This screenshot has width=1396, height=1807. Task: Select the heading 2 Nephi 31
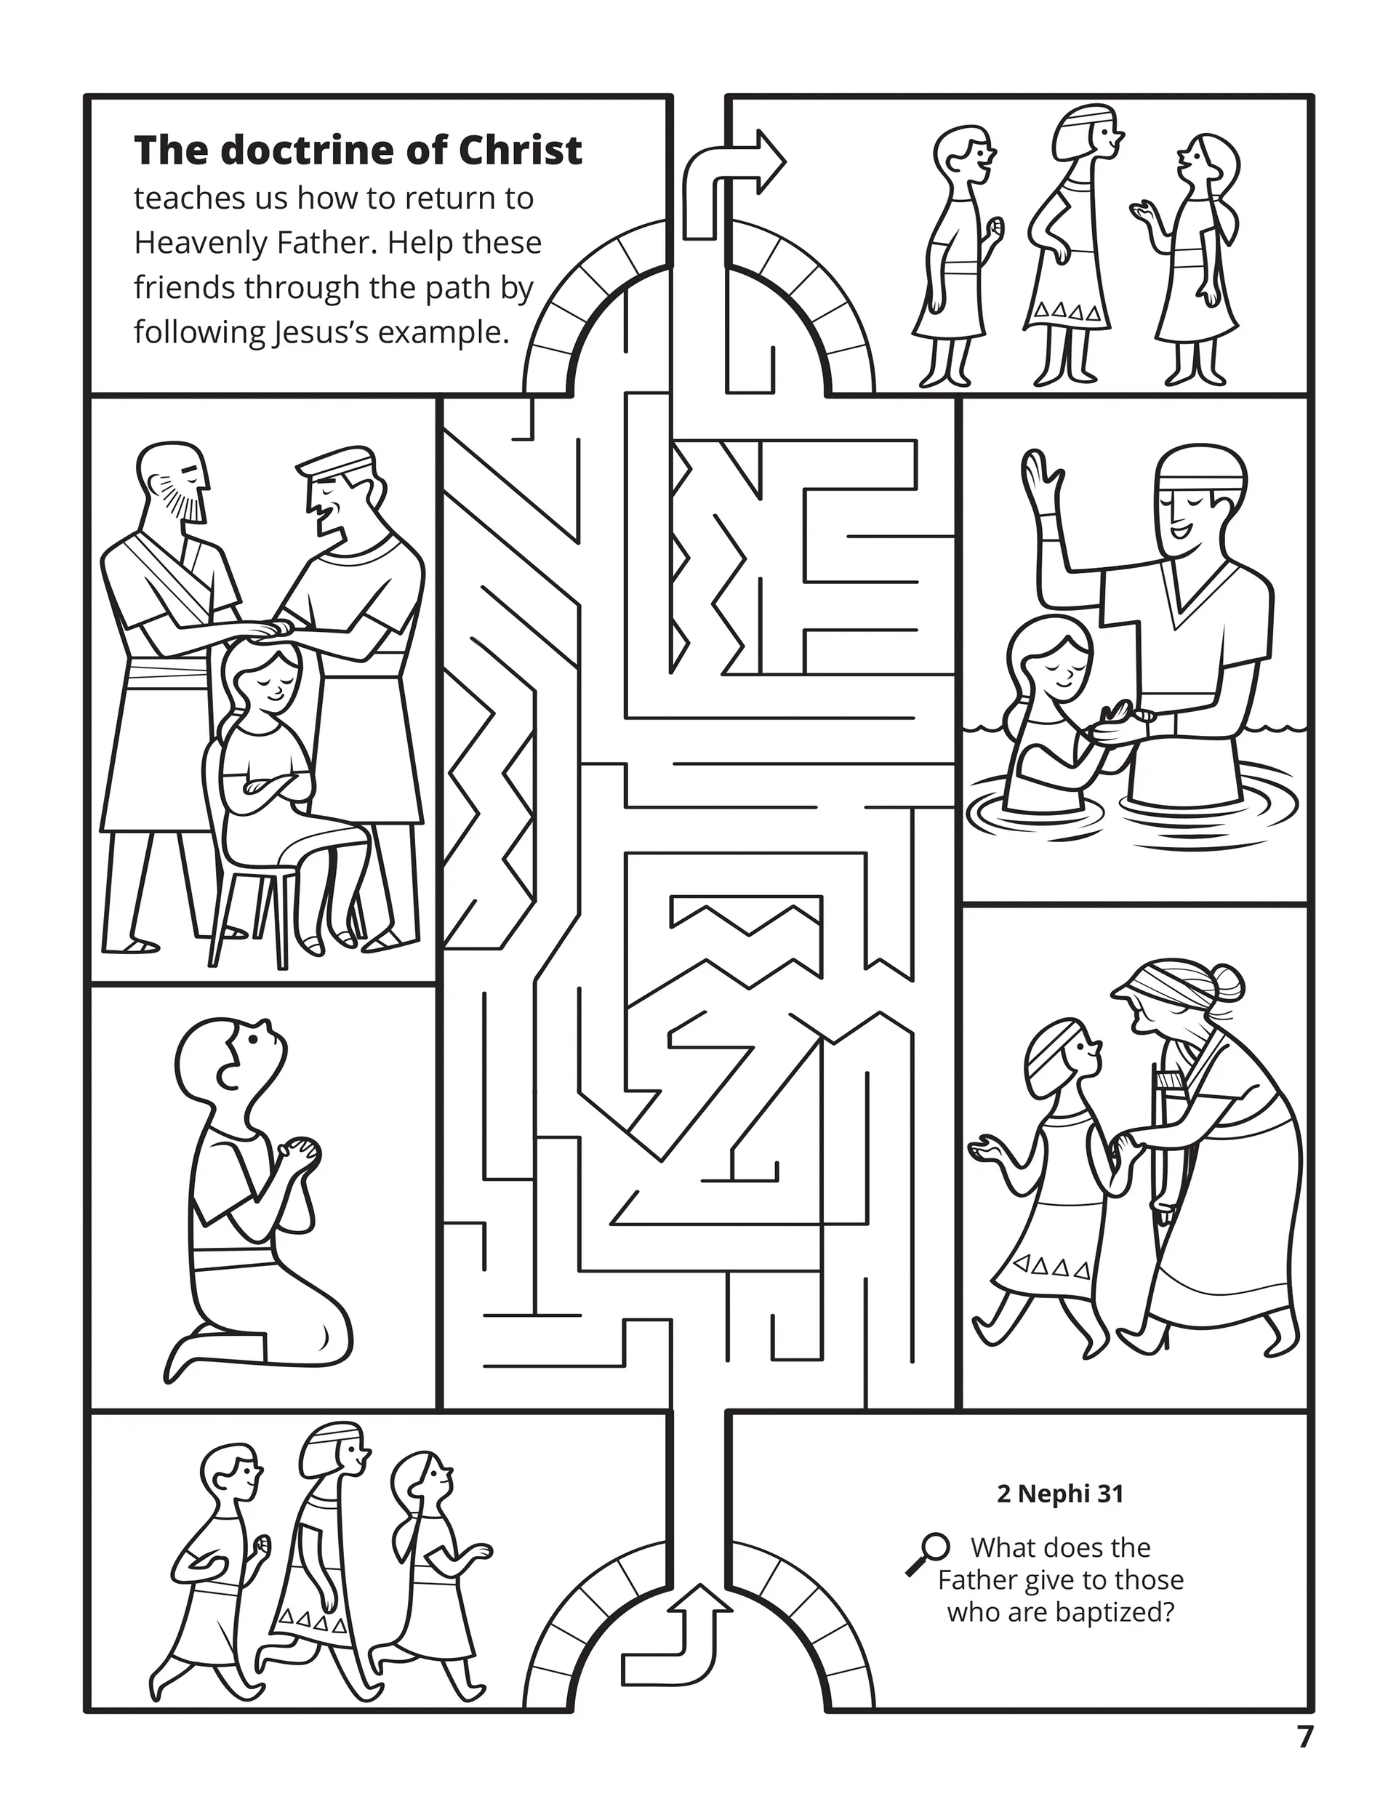(1060, 1494)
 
